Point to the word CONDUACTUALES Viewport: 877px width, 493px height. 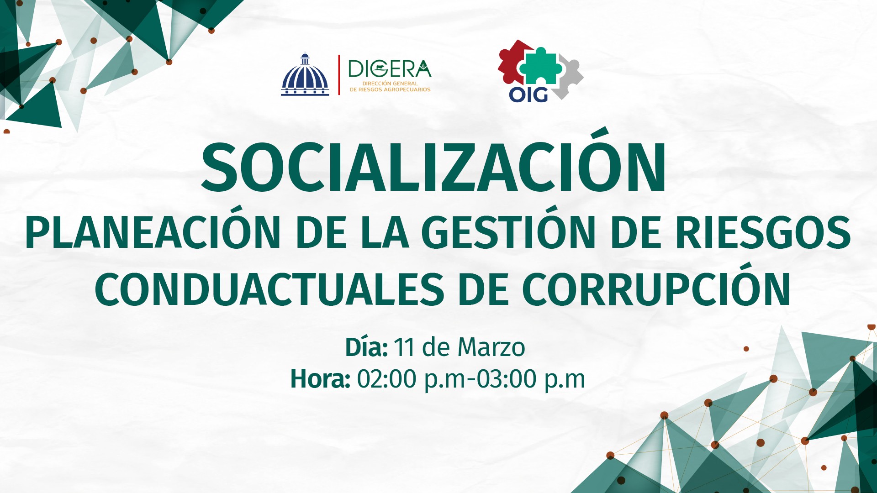coord(269,289)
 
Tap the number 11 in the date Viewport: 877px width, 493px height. coord(404,347)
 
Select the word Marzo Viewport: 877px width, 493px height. coord(491,347)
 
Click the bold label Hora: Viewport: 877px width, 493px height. coord(320,379)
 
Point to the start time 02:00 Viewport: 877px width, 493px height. coord(386,379)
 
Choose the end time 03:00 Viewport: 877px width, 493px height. coord(507,379)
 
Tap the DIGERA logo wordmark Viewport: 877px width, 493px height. coord(390,69)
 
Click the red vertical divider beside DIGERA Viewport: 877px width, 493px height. coord(339,75)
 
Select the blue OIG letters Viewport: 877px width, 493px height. coord(528,94)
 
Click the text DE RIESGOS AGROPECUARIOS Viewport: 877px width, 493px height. coord(390,90)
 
